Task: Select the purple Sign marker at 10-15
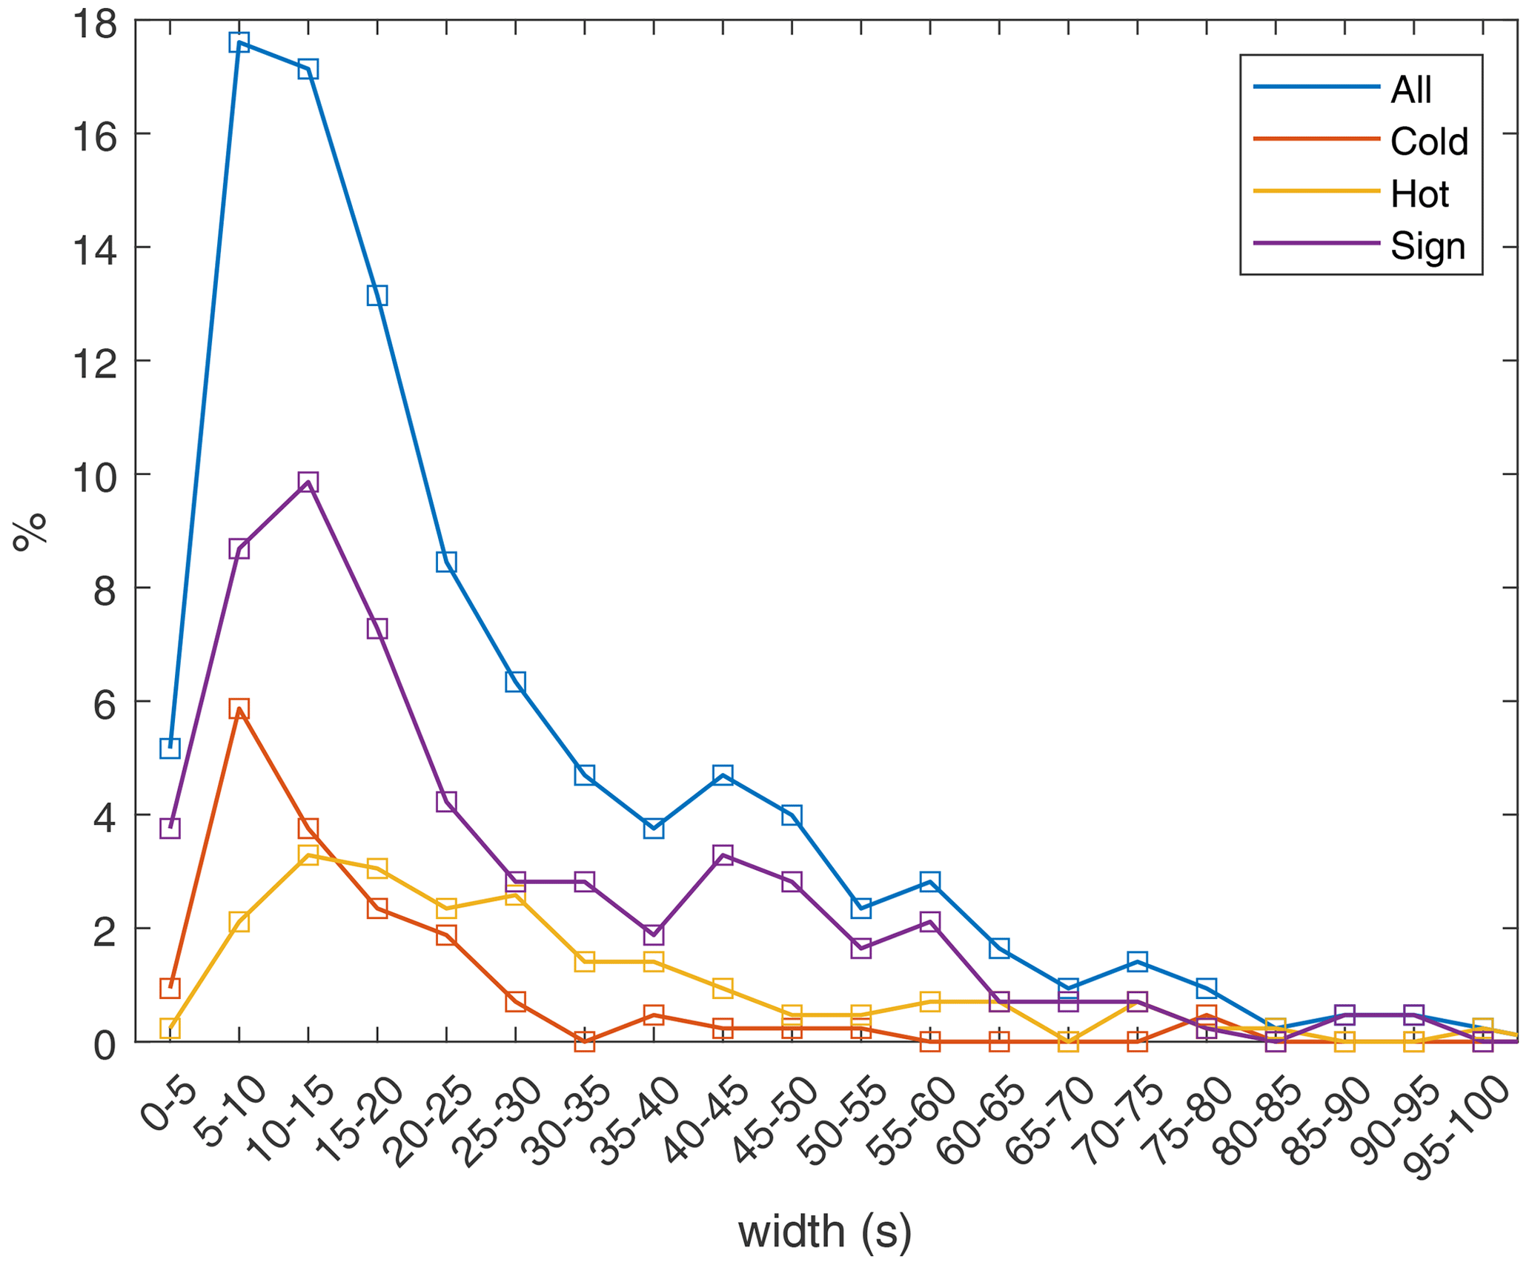coord(308,482)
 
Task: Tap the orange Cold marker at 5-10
coord(239,708)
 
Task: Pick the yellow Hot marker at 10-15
coord(308,854)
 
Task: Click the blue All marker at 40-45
coord(723,775)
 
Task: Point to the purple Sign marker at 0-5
coord(170,828)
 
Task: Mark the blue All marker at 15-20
coord(377,296)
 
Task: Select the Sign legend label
coord(1427,245)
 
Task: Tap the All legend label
coord(1411,89)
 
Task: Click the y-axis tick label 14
coord(95,248)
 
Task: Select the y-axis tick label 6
coord(105,702)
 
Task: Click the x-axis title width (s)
coord(824,1230)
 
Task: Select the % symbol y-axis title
coord(30,531)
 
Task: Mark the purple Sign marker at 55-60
coord(930,921)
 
